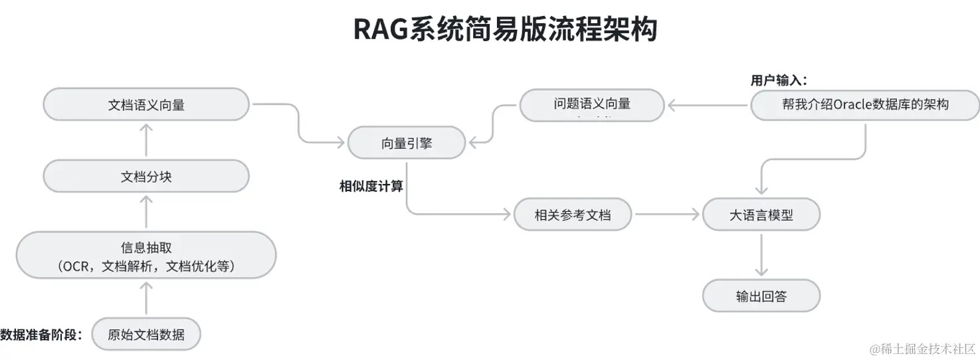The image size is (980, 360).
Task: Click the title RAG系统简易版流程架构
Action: [505, 29]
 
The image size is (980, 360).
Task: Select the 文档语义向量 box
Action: [146, 105]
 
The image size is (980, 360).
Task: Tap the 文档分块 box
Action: [146, 177]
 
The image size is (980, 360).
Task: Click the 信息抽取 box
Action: [146, 256]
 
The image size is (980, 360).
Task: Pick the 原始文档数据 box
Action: [146, 334]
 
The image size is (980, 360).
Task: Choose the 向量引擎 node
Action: [407, 143]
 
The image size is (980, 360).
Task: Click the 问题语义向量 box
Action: [591, 105]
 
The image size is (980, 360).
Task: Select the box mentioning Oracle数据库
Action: [865, 105]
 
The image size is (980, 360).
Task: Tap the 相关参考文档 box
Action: [573, 215]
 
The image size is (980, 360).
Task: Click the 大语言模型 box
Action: [761, 215]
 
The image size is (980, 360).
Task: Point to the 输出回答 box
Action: [761, 296]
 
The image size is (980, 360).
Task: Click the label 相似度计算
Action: [371, 187]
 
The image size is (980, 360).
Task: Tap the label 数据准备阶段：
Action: [41, 334]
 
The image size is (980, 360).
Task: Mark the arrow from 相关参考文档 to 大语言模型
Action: [667, 215]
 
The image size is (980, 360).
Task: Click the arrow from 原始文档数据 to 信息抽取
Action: [146, 298]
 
